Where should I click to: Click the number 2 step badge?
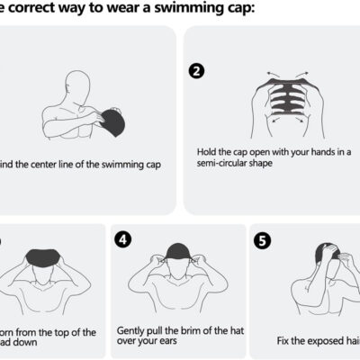195,71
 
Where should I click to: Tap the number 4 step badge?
124,239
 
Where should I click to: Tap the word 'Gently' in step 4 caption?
132,331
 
